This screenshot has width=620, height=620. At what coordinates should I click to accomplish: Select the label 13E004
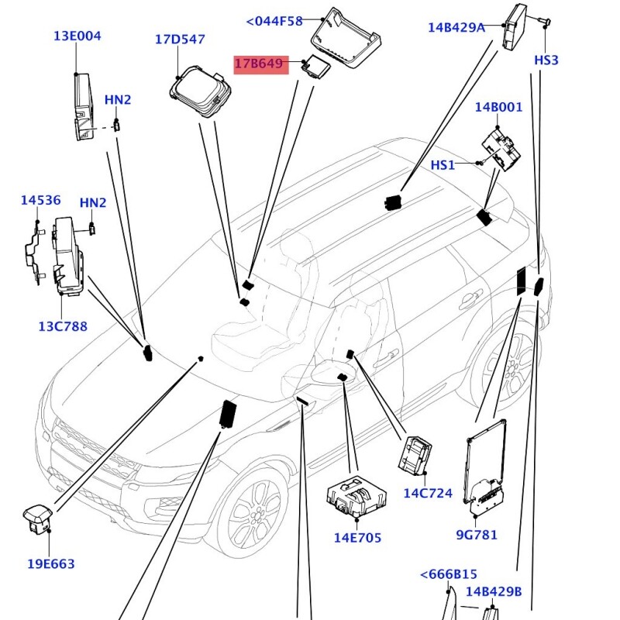click(x=77, y=36)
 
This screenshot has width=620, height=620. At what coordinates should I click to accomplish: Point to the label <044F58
click(x=274, y=21)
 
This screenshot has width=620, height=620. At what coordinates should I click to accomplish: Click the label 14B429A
click(x=456, y=28)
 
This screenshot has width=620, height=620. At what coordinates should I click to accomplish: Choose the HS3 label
click(x=546, y=60)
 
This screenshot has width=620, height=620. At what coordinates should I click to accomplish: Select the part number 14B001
click(x=499, y=108)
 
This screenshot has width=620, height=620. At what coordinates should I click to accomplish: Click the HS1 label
click(x=443, y=165)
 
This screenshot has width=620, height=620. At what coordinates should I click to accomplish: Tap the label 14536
click(x=40, y=201)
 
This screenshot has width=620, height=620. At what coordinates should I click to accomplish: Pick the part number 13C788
click(x=63, y=326)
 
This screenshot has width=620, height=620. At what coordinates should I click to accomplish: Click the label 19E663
click(x=51, y=563)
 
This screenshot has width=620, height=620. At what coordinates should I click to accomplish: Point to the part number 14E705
click(x=357, y=537)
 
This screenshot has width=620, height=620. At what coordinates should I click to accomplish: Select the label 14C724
click(x=428, y=493)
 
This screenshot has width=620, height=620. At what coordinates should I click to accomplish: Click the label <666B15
click(x=449, y=574)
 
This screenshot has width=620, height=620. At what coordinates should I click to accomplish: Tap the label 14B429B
click(x=494, y=592)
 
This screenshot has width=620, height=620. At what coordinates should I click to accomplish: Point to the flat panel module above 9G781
click(x=486, y=465)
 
